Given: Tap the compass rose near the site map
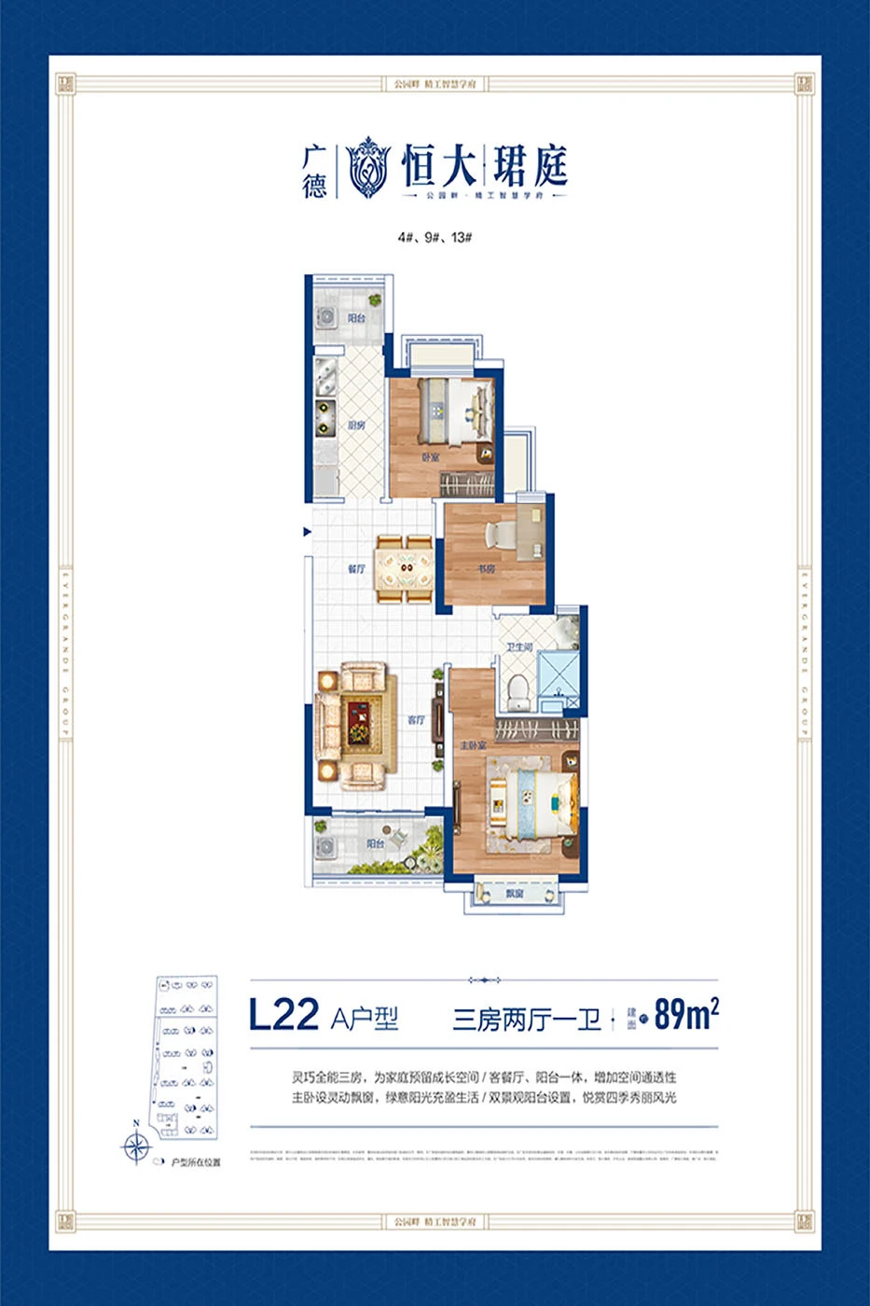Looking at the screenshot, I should (136, 1146).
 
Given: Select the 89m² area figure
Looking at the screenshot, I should (686, 1014).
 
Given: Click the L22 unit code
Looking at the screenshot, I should (283, 1015).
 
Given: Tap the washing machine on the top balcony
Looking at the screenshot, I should (327, 317).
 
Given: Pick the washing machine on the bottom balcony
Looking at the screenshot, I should (326, 846).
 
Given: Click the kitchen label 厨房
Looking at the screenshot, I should (356, 425).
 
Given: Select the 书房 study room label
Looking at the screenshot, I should (488, 568).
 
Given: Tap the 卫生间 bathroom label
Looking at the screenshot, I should (519, 646).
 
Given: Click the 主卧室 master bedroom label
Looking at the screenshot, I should (473, 746).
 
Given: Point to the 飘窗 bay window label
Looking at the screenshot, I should (515, 894).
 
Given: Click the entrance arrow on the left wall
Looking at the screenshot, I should (307, 532).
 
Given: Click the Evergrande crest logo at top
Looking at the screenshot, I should (367, 166).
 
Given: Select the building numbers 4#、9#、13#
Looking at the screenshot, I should (435, 237).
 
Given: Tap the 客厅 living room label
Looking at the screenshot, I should (416, 720).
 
